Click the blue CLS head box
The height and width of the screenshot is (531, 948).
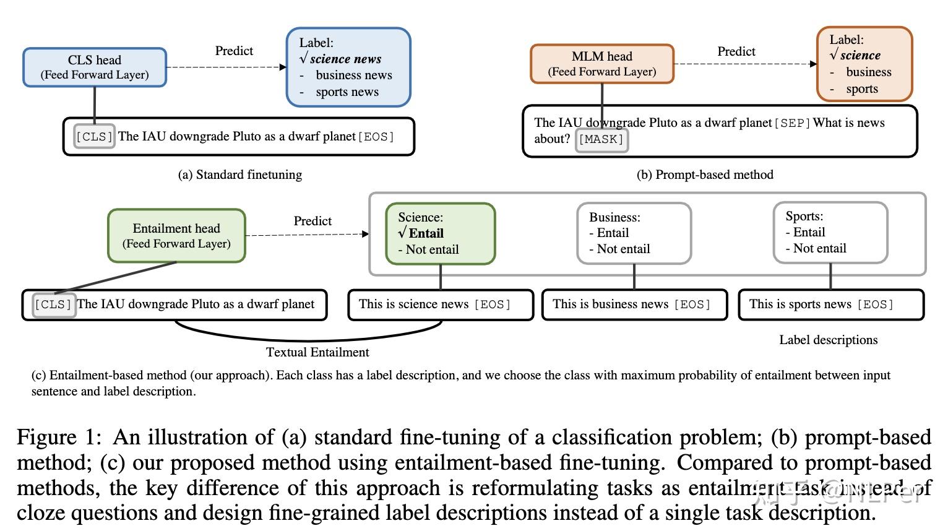(x=95, y=67)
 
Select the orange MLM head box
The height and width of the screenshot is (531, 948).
(x=601, y=64)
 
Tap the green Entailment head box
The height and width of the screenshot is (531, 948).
(x=176, y=236)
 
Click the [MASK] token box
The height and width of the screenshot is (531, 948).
(x=601, y=140)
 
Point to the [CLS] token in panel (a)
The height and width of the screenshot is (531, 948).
(x=94, y=137)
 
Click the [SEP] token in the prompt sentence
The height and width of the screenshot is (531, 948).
(x=791, y=123)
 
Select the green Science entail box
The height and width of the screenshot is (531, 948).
(x=440, y=234)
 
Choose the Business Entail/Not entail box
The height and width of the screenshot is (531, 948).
(x=633, y=233)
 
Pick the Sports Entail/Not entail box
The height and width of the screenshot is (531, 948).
(x=830, y=233)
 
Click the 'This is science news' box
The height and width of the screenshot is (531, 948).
(x=440, y=304)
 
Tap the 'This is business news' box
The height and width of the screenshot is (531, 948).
(x=634, y=304)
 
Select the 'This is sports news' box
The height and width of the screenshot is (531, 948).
(x=830, y=304)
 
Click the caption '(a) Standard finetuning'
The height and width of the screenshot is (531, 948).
(x=240, y=175)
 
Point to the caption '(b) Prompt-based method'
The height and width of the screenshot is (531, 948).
(x=705, y=175)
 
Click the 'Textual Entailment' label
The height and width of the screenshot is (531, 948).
(x=317, y=352)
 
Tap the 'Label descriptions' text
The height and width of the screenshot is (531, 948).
(x=828, y=340)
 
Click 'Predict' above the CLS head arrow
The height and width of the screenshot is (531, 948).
(x=234, y=51)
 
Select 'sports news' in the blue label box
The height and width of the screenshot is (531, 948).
(x=347, y=92)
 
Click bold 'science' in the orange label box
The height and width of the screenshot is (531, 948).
(x=860, y=56)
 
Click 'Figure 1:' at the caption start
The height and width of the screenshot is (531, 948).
(x=58, y=438)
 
